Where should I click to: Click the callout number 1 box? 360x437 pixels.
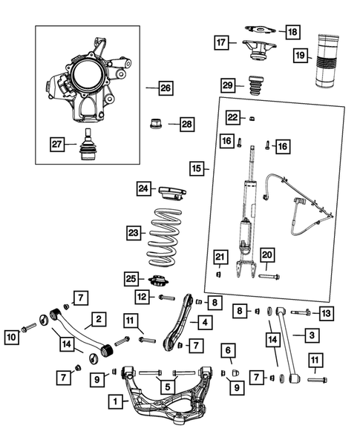115,402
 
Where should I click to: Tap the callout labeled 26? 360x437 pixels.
165,88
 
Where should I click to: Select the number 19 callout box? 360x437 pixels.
300,56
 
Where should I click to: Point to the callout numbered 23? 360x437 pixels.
133,232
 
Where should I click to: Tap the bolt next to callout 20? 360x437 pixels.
269,277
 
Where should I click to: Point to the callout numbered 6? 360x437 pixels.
228,349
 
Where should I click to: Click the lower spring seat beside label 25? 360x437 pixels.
158,280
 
